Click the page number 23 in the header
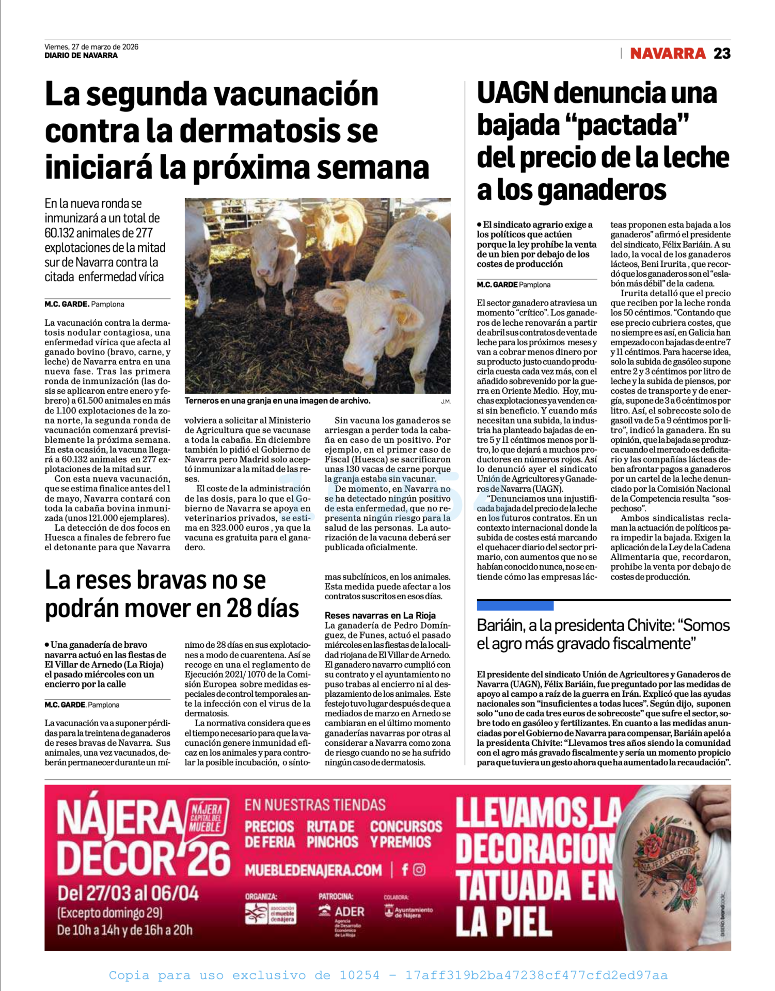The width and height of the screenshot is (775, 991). point(722,54)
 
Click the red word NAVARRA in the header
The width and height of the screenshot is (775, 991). point(668,54)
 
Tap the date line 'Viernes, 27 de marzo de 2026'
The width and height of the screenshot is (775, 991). point(91,46)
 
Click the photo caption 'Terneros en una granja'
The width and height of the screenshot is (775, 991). point(277,401)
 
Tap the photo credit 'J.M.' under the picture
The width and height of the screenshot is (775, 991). point(445,402)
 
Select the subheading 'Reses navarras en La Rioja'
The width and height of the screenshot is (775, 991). point(380,615)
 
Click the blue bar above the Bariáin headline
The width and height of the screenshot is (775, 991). point(515,605)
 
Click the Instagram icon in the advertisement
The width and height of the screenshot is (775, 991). point(419,870)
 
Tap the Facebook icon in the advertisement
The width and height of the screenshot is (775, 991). point(405,870)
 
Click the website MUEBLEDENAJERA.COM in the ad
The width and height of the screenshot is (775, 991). point(313,870)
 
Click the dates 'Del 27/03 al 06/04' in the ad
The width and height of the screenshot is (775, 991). point(128,893)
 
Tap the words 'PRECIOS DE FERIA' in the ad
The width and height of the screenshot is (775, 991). point(270,834)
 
